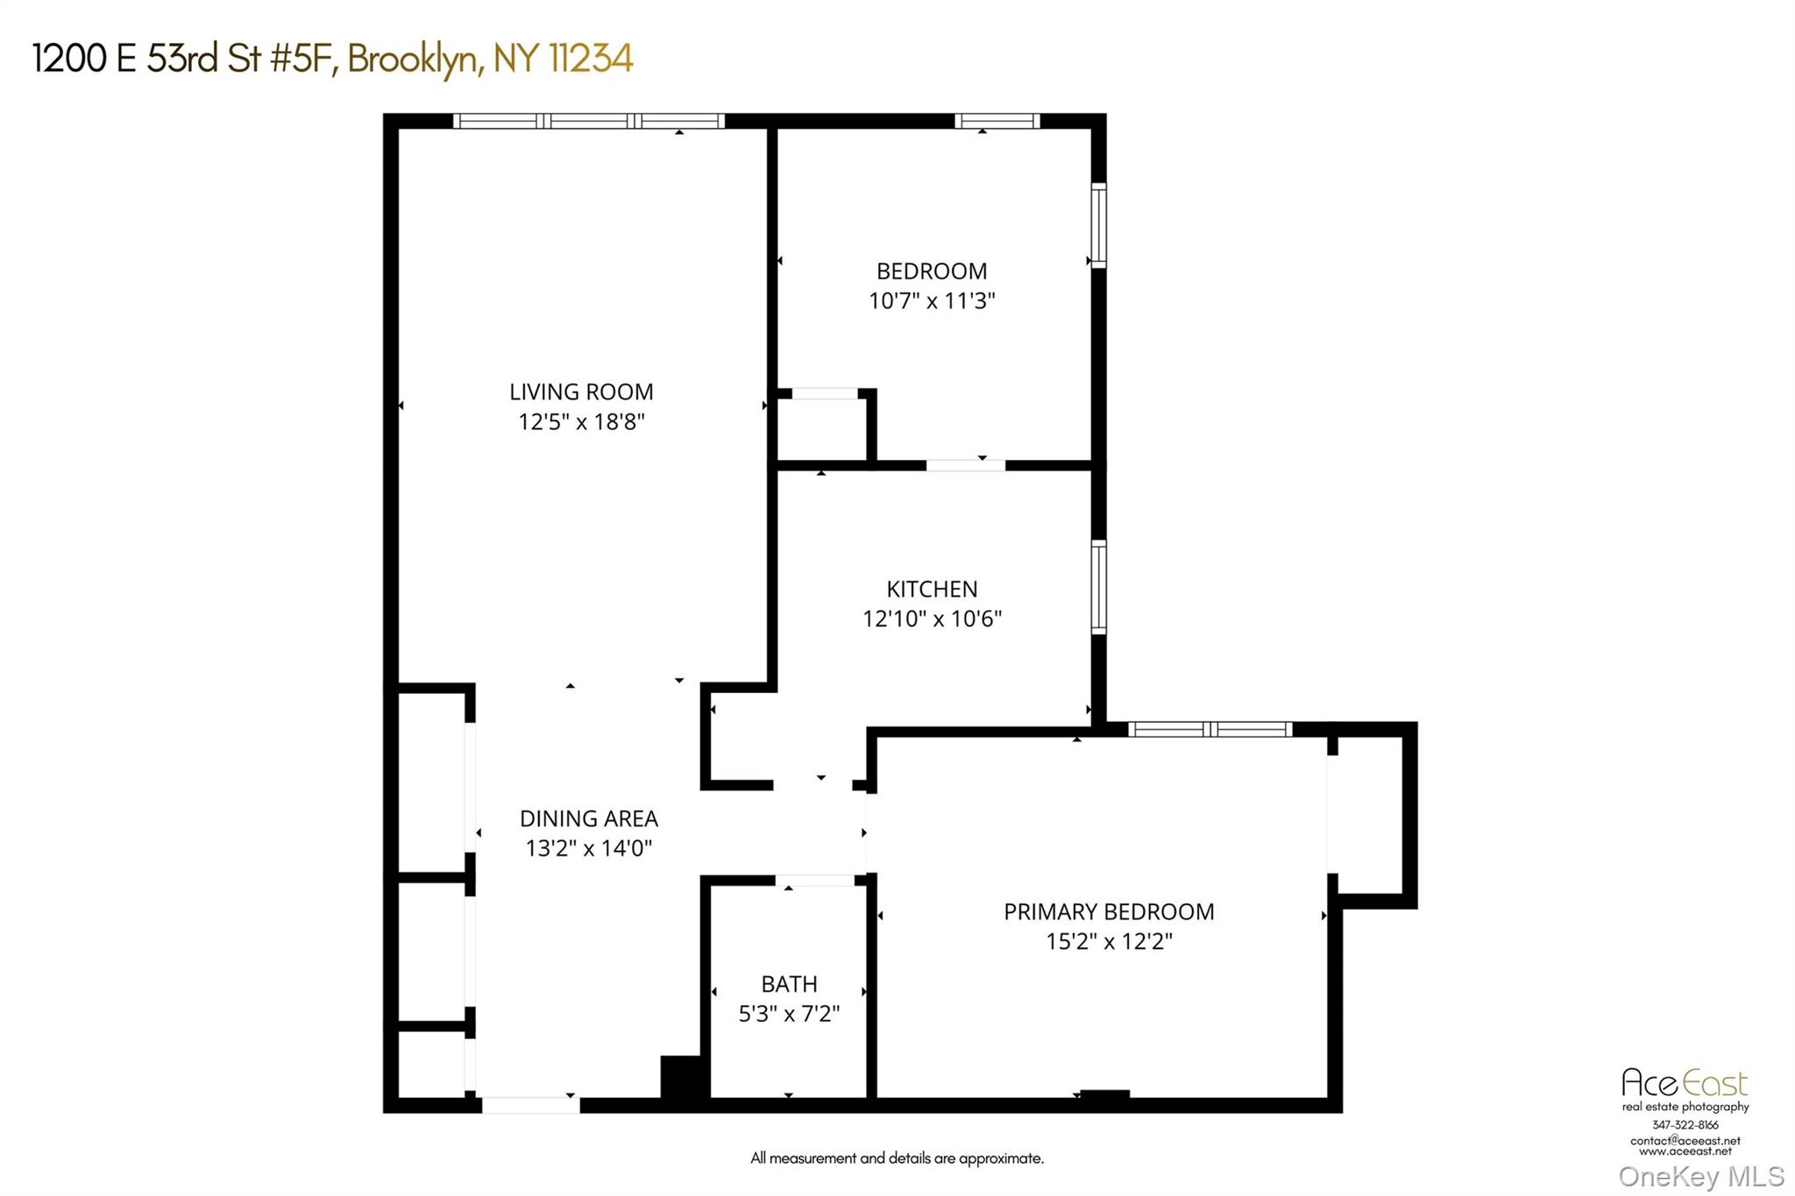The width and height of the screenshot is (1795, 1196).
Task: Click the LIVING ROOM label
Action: [x=581, y=392]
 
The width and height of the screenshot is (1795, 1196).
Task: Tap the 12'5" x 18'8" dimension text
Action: [x=581, y=421]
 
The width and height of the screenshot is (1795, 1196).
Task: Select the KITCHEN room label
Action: [x=932, y=589]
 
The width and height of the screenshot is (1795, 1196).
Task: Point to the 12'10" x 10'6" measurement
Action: [x=932, y=619]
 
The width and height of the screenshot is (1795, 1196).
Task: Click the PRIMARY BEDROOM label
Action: [x=1109, y=911]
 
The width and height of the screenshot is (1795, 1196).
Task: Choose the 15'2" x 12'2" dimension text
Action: [x=1109, y=941]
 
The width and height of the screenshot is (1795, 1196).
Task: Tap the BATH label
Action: [x=789, y=984]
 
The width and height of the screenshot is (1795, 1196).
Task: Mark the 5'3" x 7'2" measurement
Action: [x=789, y=1014]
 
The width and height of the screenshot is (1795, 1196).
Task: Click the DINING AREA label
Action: [x=588, y=818]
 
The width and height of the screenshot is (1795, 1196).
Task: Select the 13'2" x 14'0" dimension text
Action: [x=588, y=848]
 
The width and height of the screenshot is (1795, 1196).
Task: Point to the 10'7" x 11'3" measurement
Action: [x=932, y=301]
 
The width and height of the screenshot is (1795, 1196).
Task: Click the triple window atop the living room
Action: [x=588, y=121]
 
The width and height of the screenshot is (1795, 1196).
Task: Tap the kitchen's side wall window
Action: [x=1098, y=586]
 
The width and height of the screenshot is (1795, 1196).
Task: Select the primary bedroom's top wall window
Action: [x=1210, y=729]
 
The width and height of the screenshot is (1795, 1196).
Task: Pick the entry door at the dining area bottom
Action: [x=530, y=1106]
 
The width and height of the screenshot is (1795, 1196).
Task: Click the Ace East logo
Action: [x=1684, y=1083]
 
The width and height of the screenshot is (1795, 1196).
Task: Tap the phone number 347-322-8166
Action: [x=1685, y=1124]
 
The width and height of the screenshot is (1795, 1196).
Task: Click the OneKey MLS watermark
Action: [x=1700, y=1176]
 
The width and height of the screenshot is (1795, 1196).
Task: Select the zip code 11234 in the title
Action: [x=590, y=59]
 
